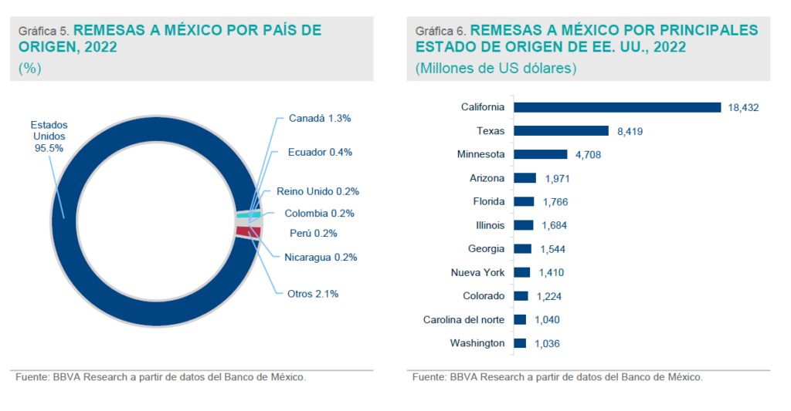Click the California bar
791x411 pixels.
(x=617, y=107)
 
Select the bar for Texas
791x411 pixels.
(x=562, y=131)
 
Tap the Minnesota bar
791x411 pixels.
(x=541, y=154)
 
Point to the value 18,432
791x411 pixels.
(x=743, y=108)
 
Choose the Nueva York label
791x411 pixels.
(x=477, y=272)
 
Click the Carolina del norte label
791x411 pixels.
(x=463, y=319)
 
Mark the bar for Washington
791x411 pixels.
(x=520, y=343)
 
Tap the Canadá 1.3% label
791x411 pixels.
(x=320, y=119)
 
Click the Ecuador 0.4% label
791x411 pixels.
(x=320, y=152)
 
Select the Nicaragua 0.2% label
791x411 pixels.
(x=320, y=258)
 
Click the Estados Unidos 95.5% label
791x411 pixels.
(x=49, y=136)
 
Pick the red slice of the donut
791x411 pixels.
(x=250, y=231)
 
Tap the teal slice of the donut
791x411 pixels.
(x=252, y=214)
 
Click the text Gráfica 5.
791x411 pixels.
(x=44, y=32)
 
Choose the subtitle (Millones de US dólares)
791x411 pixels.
(x=497, y=68)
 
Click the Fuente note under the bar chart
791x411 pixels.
(x=557, y=378)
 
